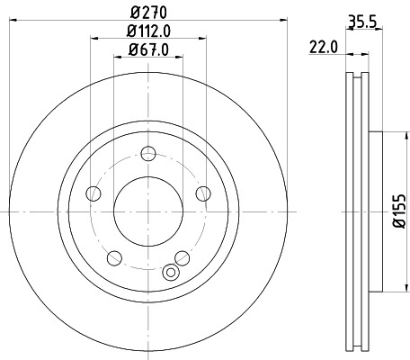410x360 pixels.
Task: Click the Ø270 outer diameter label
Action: (x=147, y=12)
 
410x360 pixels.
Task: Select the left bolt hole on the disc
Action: (x=91, y=193)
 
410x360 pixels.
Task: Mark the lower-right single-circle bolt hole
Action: (x=183, y=256)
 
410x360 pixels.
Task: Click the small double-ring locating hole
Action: (x=171, y=273)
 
